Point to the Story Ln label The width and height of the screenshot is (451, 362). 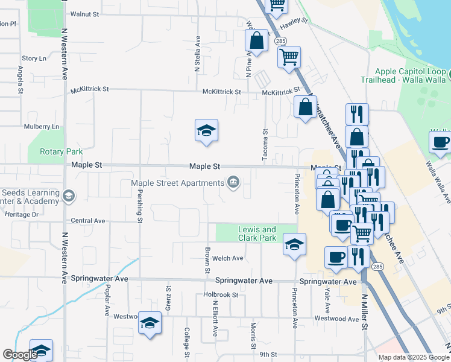click(34, 59)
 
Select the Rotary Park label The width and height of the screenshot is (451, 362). click(60, 151)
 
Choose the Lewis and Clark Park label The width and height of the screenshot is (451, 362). click(257, 233)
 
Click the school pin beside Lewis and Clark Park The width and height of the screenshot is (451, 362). click(294, 244)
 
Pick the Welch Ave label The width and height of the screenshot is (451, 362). click(227, 258)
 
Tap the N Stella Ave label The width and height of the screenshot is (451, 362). click(198, 54)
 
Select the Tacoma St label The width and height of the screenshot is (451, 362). click(265, 145)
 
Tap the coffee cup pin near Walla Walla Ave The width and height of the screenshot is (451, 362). click(440, 142)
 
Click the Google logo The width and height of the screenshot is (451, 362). click(20, 355)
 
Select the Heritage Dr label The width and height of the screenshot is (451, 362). click(22, 214)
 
